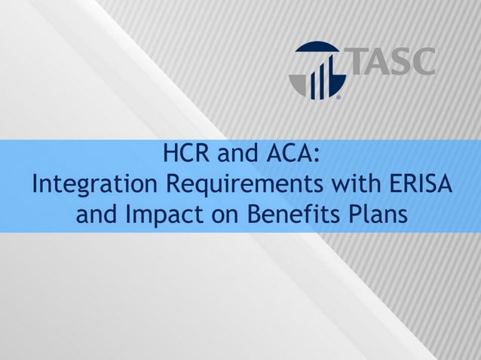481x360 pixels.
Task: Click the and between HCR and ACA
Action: click(240, 156)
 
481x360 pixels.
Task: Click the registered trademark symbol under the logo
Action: click(338, 98)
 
